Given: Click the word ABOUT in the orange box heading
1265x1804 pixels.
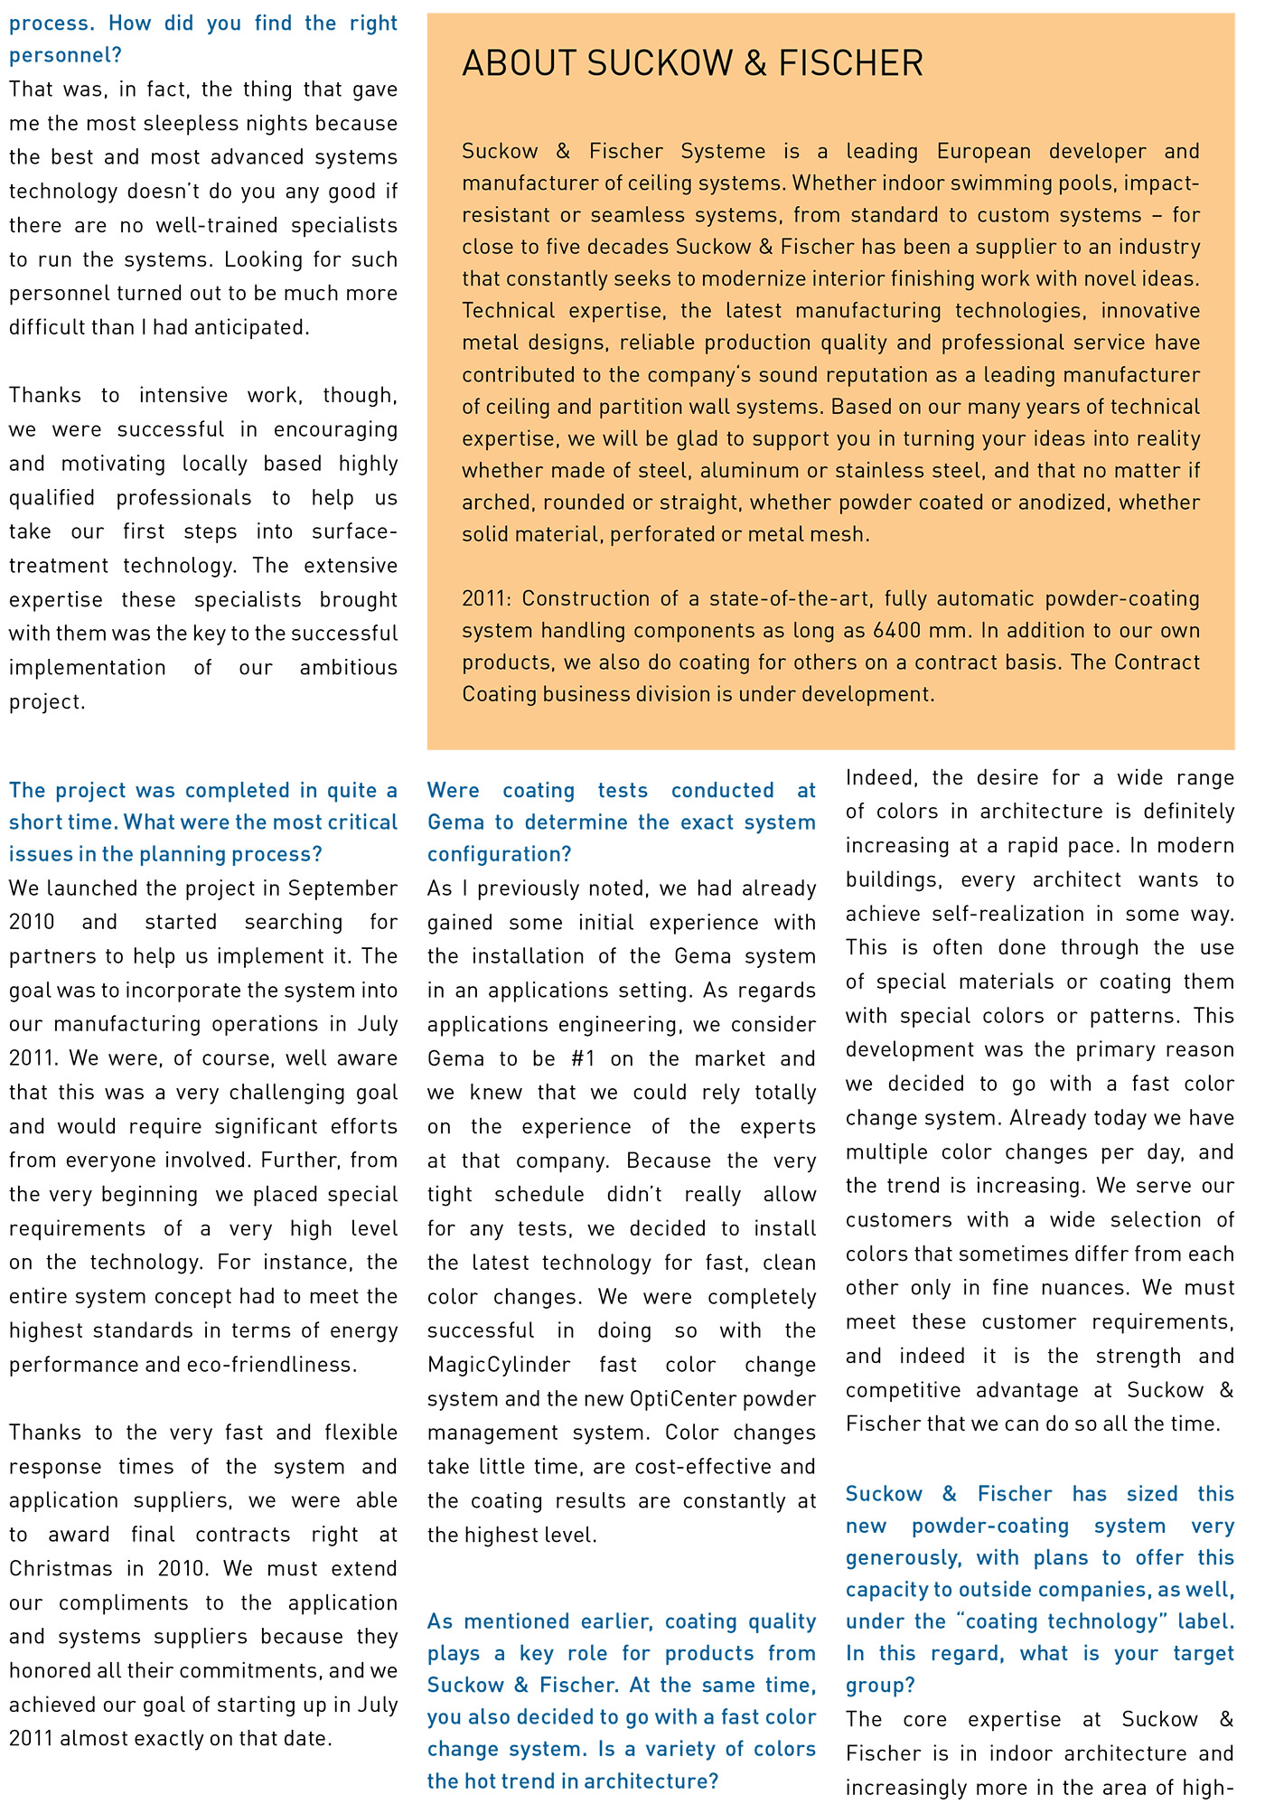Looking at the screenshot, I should [x=519, y=64].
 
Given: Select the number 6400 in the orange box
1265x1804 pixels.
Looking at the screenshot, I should [x=901, y=630].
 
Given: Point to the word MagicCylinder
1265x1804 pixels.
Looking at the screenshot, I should [x=499, y=1364].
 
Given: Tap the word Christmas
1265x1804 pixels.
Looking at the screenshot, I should [x=61, y=1568].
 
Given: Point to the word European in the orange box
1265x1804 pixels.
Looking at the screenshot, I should [x=983, y=151].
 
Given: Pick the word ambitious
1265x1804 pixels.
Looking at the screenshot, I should [x=348, y=667].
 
